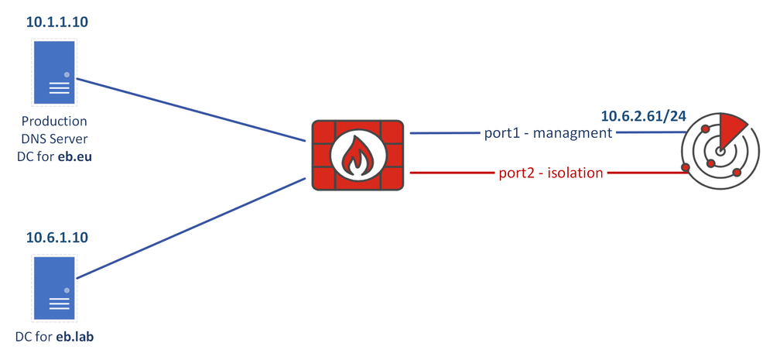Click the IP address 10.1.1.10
coord(57,22)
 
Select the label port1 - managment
coord(547,133)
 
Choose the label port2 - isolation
coord(550,173)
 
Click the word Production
coord(54,122)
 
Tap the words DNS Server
coord(54,139)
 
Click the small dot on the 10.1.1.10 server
coord(67,75)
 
